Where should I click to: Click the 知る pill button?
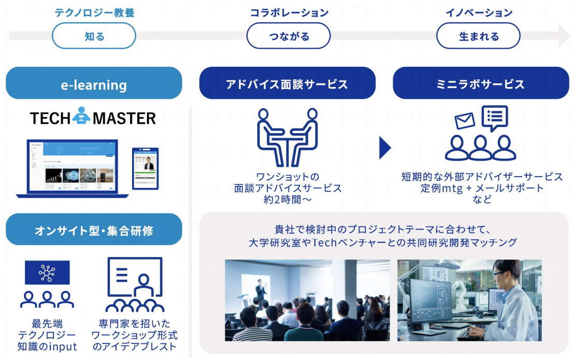coord(94,36)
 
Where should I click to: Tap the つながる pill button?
coord(289,36)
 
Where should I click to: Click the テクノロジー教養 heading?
coord(94,13)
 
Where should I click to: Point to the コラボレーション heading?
coord(289,13)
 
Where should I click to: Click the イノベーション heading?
coord(479,13)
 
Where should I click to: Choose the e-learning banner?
coord(94,83)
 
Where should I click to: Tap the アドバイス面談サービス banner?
coord(287,83)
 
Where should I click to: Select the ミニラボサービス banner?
coord(481,83)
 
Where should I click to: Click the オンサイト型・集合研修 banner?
coord(94,229)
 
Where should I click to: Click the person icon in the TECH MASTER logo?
coord(81,117)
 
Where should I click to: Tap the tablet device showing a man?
coord(145,168)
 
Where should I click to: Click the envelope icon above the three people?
coord(465,121)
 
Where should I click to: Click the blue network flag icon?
coord(47,272)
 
